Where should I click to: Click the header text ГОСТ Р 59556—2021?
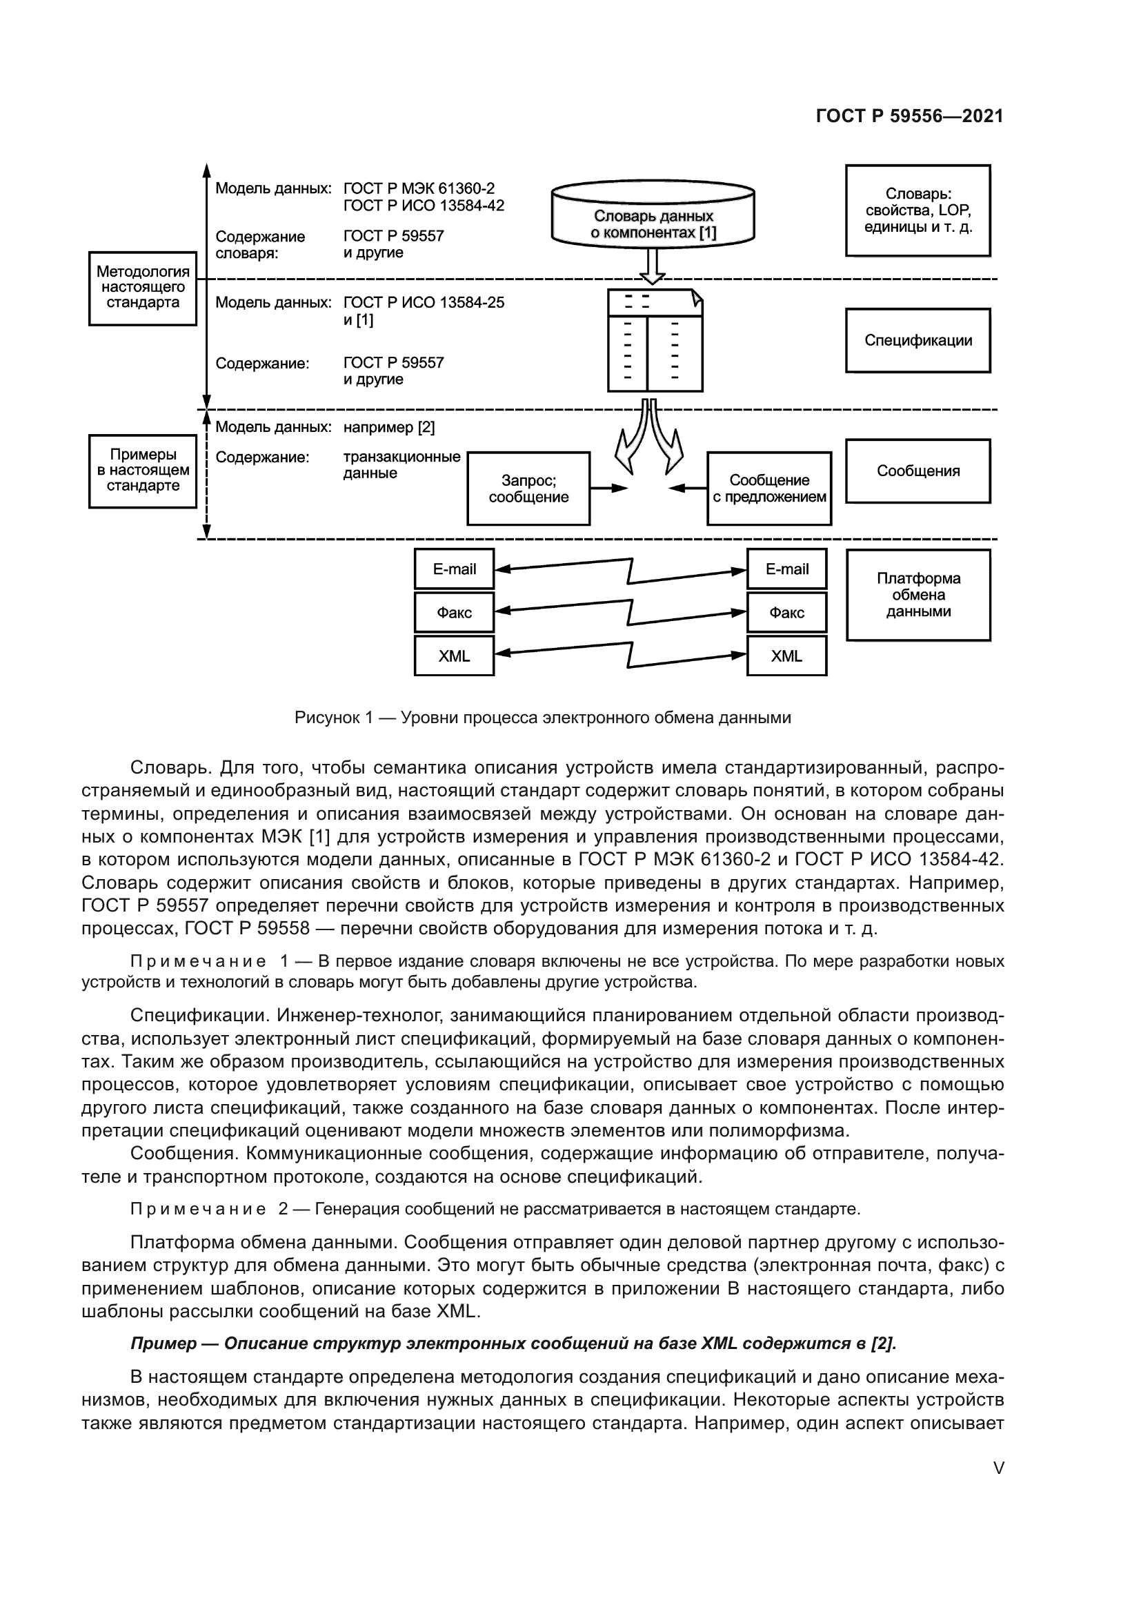(x=909, y=116)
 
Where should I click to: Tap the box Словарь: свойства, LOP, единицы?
(x=917, y=210)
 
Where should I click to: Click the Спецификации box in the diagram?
(x=917, y=340)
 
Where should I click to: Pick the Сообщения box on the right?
(x=917, y=471)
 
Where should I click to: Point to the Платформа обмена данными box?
(x=917, y=595)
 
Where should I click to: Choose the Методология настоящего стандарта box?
(x=143, y=288)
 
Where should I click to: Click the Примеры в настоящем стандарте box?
(x=143, y=471)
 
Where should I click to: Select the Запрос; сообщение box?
(x=528, y=489)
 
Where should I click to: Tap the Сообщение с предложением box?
(x=768, y=489)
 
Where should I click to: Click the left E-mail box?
(x=454, y=569)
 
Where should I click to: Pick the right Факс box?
(x=786, y=612)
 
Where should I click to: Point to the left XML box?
(x=454, y=656)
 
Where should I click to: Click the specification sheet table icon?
(x=655, y=341)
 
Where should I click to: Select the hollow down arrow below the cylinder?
(x=653, y=266)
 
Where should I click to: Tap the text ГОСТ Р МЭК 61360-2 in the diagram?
(x=419, y=188)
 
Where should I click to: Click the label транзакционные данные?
(x=401, y=464)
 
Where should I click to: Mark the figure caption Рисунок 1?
(x=542, y=718)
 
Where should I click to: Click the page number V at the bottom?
(x=998, y=1468)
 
